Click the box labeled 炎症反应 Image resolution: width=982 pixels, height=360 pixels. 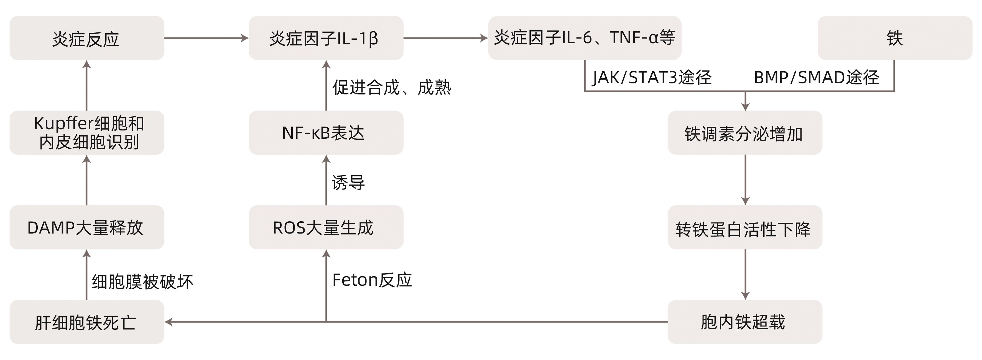(x=86, y=38)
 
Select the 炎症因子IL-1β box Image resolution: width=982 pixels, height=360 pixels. (x=326, y=38)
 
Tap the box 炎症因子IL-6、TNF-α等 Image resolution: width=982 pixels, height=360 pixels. (x=584, y=38)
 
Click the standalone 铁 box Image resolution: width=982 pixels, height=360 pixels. (x=895, y=38)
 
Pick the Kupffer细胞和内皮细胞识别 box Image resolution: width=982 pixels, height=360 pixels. (x=86, y=133)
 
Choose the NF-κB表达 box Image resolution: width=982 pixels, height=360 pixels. (x=326, y=133)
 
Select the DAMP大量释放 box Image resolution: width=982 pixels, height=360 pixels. (x=86, y=227)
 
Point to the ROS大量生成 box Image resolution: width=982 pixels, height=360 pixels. (x=326, y=227)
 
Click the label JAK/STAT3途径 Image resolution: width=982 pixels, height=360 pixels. (x=652, y=78)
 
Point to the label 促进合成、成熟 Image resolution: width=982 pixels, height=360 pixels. (x=392, y=87)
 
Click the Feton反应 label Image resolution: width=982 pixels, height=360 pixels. (x=372, y=280)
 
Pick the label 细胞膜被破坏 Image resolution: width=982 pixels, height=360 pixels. (x=142, y=282)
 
